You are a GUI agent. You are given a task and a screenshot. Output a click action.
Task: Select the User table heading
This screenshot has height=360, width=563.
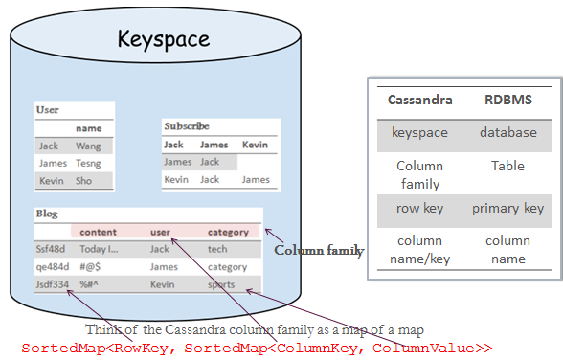point(47,110)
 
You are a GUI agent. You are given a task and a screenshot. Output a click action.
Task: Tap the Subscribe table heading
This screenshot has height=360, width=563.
point(187,126)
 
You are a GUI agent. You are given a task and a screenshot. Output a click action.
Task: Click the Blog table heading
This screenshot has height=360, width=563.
point(46,214)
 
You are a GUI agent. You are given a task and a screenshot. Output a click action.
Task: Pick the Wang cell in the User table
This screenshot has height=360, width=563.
point(88,146)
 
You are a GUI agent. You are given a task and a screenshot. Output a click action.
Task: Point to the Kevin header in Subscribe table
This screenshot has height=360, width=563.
point(255,145)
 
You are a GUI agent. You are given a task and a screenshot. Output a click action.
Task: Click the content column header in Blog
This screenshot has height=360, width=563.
point(99,232)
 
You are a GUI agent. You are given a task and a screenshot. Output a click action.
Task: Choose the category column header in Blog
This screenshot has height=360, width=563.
point(228,232)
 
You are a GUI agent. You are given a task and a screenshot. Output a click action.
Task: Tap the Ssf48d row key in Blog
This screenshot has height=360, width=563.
point(51,249)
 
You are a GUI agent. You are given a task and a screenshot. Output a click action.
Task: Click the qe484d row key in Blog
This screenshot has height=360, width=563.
point(52,267)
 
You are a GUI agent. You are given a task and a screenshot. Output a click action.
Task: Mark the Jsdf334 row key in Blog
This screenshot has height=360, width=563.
point(53,284)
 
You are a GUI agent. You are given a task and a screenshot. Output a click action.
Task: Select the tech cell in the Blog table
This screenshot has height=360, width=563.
point(217,249)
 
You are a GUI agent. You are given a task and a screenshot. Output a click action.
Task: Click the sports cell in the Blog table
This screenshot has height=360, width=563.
point(221,284)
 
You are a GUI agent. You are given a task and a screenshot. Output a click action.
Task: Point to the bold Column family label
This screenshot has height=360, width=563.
point(319,251)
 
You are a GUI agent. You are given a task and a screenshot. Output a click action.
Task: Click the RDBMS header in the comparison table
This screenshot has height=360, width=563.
point(507,100)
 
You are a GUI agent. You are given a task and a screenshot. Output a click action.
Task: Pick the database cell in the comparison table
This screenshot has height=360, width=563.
point(507,132)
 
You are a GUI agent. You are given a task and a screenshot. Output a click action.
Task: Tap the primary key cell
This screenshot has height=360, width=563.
point(507,208)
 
